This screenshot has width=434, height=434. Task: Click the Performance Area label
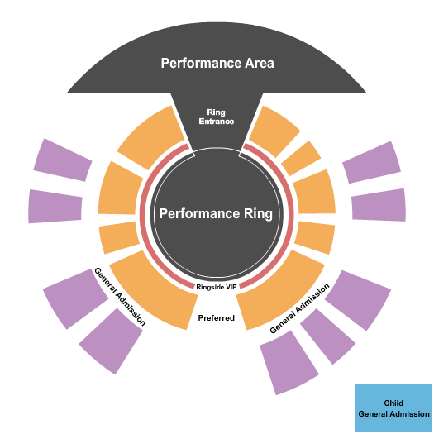tap(217, 63)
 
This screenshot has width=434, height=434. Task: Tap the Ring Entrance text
tap(216, 117)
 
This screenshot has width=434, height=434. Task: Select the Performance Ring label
tap(216, 213)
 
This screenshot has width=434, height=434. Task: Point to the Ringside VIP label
tap(216, 287)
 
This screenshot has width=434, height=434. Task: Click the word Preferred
tap(216, 318)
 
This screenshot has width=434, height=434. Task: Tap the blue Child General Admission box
tap(393, 408)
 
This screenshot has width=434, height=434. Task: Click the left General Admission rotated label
tap(120, 297)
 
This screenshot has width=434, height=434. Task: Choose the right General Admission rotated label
tap(299, 308)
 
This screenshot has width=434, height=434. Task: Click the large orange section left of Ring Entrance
tap(151, 137)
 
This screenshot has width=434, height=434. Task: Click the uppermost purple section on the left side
tap(63, 160)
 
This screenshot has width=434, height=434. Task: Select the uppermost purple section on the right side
tap(372, 163)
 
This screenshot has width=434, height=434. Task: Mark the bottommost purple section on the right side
tap(289, 362)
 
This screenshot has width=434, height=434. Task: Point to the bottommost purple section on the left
tap(112, 341)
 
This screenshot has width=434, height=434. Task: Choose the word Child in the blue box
tap(393, 403)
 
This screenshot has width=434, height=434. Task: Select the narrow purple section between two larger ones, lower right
tap(327, 336)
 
